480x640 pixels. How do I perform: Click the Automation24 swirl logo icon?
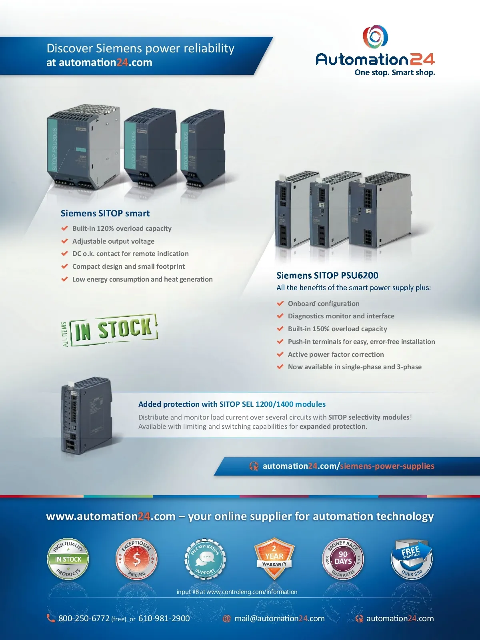point(375,37)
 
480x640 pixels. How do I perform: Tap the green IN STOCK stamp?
point(114,330)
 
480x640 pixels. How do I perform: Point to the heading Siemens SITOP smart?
point(105,214)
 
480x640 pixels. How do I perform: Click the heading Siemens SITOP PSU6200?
point(327,276)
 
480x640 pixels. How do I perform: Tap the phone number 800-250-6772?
point(84,618)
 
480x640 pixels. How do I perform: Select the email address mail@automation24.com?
point(279,618)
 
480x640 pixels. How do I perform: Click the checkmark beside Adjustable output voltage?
point(64,241)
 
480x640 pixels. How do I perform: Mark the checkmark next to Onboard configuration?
point(280,304)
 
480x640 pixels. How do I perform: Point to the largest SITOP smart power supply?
point(83,148)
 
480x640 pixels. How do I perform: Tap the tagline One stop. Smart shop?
point(395,73)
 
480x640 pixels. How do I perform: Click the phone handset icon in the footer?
point(51,618)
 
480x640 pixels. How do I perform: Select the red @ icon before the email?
point(227,618)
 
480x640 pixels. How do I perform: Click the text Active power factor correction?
point(336,354)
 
